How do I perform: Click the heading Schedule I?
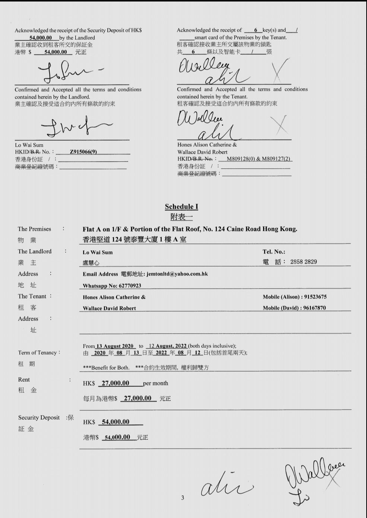(181, 207)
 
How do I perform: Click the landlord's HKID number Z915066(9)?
(83, 152)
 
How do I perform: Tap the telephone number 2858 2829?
(304, 262)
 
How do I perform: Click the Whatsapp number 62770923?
(130, 286)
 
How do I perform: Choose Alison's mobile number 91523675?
(315, 297)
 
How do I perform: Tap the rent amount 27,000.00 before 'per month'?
(116, 383)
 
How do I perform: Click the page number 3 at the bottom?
(183, 498)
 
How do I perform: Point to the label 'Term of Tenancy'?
(38, 353)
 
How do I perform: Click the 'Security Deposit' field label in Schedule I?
(39, 417)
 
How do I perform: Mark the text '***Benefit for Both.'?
(106, 368)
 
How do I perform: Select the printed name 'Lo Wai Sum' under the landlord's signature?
(29, 145)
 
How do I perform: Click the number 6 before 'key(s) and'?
(256, 30)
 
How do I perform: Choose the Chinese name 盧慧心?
(91, 263)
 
